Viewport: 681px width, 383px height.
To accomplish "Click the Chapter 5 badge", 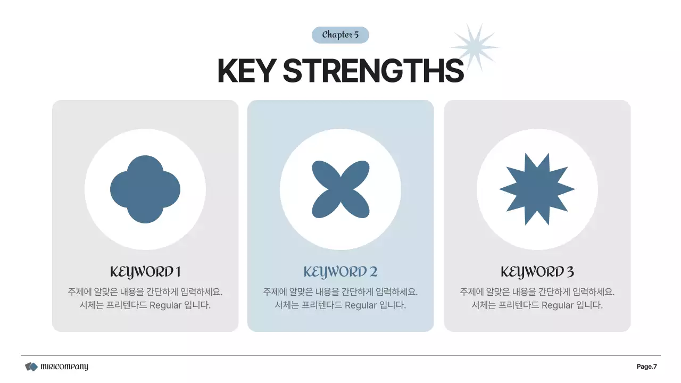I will pyautogui.click(x=340, y=35).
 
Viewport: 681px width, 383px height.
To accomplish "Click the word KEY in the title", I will pyautogui.click(x=246, y=70).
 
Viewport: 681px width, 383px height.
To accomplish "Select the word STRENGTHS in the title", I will pyautogui.click(x=373, y=70).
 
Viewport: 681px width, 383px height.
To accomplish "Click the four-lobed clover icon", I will pyautogui.click(x=145, y=189).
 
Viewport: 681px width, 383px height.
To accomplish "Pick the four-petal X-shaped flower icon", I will pyautogui.click(x=340, y=189).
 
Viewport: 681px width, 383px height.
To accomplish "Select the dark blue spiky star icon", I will pyautogui.click(x=537, y=189).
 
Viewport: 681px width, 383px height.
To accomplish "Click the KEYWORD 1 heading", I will pyautogui.click(x=145, y=272).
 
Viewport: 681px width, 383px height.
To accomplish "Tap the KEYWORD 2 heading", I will pyautogui.click(x=340, y=272).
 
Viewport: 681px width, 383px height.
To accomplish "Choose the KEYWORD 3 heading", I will pyautogui.click(x=537, y=272).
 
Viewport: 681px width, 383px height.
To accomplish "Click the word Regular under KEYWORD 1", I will pyautogui.click(x=166, y=306).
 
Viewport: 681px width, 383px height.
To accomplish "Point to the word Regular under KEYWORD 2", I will pyautogui.click(x=361, y=306).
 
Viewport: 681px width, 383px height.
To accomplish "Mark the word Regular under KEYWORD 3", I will pyautogui.click(x=558, y=306).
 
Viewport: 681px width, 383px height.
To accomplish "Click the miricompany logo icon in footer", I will pyautogui.click(x=31, y=367).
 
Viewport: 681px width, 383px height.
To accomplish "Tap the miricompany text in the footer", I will pyautogui.click(x=64, y=367).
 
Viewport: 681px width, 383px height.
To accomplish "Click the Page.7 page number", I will pyautogui.click(x=647, y=367).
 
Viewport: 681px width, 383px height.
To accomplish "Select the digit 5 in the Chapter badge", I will pyautogui.click(x=356, y=35).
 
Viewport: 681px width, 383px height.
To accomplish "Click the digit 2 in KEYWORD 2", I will pyautogui.click(x=373, y=272).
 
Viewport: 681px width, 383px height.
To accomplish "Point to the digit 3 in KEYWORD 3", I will pyautogui.click(x=570, y=272).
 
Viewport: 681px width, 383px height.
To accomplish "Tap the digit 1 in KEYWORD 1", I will pyautogui.click(x=178, y=272).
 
